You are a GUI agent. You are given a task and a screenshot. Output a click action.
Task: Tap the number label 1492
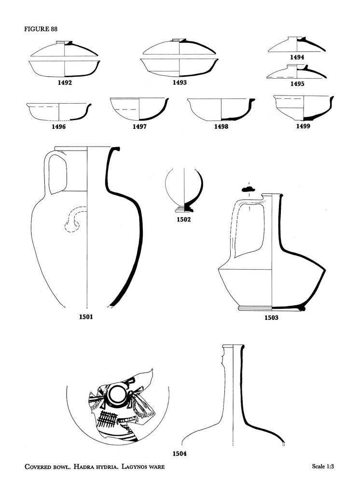[65, 82]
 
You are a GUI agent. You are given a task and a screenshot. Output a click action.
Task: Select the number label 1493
[180, 82]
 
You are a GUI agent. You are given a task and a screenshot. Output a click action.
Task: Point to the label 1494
[297, 57]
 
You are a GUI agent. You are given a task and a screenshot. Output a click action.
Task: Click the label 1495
[297, 83]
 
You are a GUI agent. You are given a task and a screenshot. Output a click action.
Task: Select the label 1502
[184, 220]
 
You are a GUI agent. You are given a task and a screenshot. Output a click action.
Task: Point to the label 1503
[271, 318]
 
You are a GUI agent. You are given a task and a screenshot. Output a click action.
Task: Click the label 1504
[180, 453]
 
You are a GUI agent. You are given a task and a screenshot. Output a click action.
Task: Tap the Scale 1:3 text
[323, 467]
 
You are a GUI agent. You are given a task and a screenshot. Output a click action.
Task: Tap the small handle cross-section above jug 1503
[249, 192]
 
